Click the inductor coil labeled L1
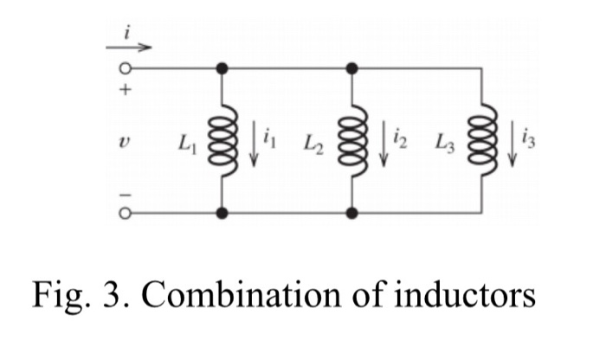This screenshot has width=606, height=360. [x=222, y=139]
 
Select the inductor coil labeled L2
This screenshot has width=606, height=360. [x=352, y=139]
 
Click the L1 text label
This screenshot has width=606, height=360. [x=186, y=139]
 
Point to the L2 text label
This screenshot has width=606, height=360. [x=314, y=139]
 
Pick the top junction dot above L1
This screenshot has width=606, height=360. [x=222, y=67]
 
